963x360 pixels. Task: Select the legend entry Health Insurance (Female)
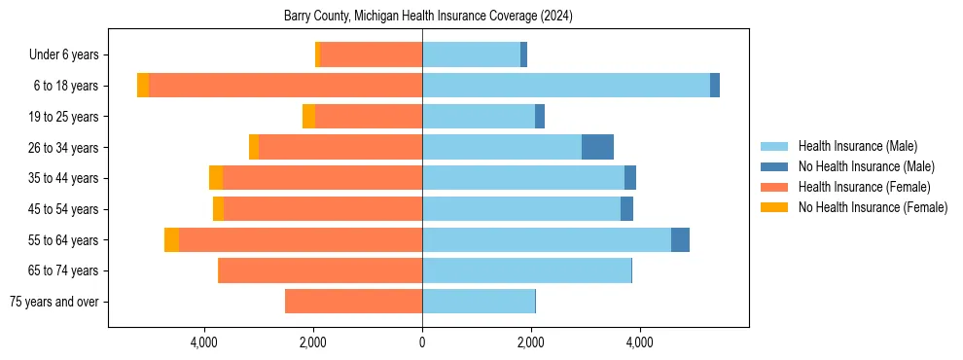[x=864, y=187]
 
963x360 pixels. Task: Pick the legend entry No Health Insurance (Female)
[x=873, y=207]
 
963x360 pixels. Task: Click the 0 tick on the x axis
[x=422, y=342]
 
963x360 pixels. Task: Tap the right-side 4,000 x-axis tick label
[x=639, y=342]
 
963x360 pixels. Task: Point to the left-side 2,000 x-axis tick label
[x=313, y=342]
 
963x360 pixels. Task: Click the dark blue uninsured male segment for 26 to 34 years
[x=597, y=147]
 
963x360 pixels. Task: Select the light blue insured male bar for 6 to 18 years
[x=566, y=86]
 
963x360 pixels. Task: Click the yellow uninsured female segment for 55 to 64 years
[x=171, y=239]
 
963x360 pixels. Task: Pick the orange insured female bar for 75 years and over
[x=353, y=302]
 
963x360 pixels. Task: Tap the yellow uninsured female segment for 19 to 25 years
[x=308, y=117]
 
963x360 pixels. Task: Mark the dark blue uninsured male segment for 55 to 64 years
[x=680, y=239]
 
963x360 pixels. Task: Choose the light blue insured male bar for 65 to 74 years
[x=526, y=270]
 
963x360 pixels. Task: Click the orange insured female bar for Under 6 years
[x=371, y=54]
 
